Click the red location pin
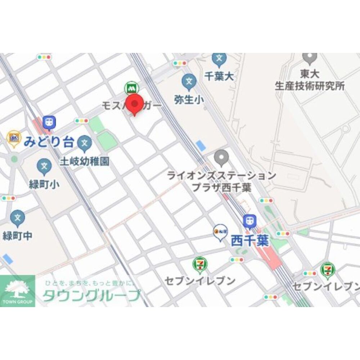pos(135,104)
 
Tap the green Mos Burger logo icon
pos(130,87)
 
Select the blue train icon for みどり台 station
pos(49,122)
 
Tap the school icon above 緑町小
pos(44,166)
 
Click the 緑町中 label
pos(17,236)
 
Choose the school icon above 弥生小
pos(189,82)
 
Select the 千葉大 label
pos(219,76)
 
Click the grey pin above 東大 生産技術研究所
pos(310,58)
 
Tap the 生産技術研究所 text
pos(310,86)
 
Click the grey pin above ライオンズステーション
pos(221,157)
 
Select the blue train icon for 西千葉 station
pos(249,221)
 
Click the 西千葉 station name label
pos(250,240)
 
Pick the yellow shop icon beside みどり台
pos(14,138)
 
